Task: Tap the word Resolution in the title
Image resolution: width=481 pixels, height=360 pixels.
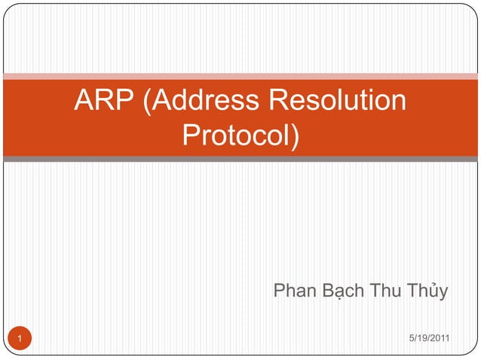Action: tap(339, 101)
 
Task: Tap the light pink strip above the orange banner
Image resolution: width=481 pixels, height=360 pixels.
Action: tap(240, 76)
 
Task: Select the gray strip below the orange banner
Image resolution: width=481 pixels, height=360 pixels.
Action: tap(240, 159)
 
